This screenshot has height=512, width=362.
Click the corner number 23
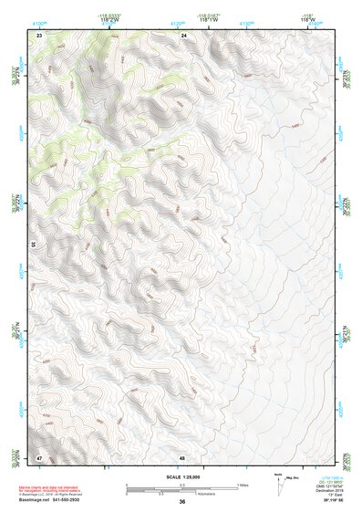click(x=39, y=35)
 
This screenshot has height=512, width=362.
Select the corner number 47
click(x=39, y=456)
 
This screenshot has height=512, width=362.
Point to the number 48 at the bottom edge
click(x=183, y=456)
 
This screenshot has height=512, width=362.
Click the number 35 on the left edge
click(x=34, y=246)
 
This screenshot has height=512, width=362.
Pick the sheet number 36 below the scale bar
click(x=182, y=502)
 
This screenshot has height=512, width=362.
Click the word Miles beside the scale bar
click(x=243, y=484)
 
